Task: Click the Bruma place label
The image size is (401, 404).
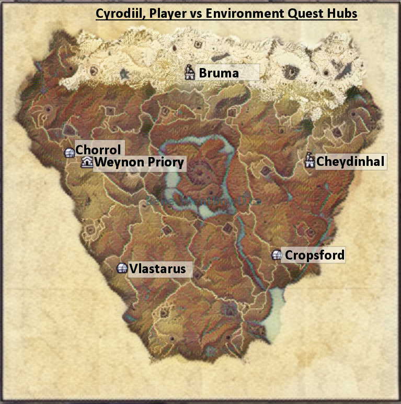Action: pos(219,73)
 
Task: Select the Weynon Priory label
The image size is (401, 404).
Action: pos(139,163)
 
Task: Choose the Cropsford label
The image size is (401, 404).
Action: pos(314,255)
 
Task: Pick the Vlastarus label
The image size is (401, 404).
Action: pos(157,269)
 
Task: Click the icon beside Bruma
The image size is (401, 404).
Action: pos(190,72)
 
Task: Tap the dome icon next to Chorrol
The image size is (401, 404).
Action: pos(69,152)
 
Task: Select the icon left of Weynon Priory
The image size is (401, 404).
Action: pos(87,163)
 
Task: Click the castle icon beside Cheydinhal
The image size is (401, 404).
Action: pos(310,161)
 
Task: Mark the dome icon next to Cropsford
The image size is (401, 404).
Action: pos(277,255)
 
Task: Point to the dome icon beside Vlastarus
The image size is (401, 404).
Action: pos(122,268)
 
